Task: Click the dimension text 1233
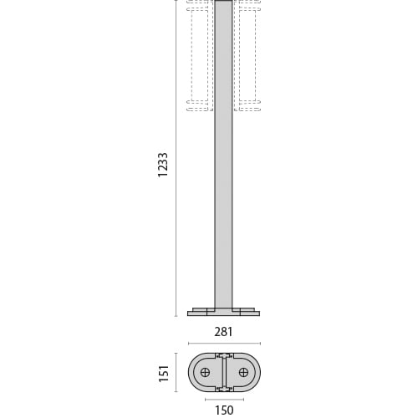(x=163, y=165)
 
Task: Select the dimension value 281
(x=223, y=332)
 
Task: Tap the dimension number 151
(x=165, y=372)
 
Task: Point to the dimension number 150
(x=223, y=410)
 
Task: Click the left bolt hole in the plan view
(x=205, y=372)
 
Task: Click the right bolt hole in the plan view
(x=242, y=372)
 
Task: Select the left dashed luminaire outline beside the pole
(x=199, y=54)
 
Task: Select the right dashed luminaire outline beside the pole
(x=247, y=54)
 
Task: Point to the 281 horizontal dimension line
(x=223, y=343)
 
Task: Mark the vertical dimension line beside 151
(x=176, y=372)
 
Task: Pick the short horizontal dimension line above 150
(x=223, y=399)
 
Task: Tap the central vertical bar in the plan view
(x=223, y=372)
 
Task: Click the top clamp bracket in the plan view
(x=223, y=356)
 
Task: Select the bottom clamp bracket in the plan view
(x=223, y=388)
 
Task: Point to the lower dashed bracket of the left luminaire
(x=198, y=105)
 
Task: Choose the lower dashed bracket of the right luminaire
(x=248, y=105)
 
